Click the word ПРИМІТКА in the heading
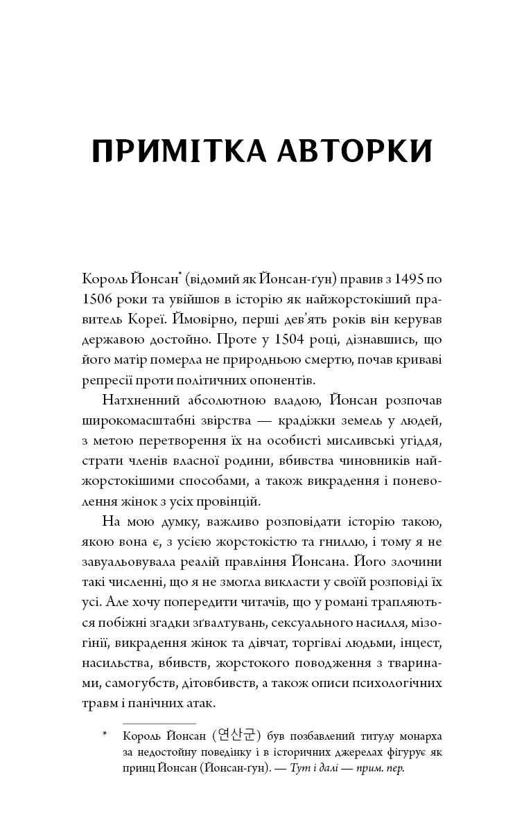click(172, 151)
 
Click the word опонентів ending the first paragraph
click(281, 381)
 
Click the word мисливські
click(357, 442)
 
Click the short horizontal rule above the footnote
click(149, 723)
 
